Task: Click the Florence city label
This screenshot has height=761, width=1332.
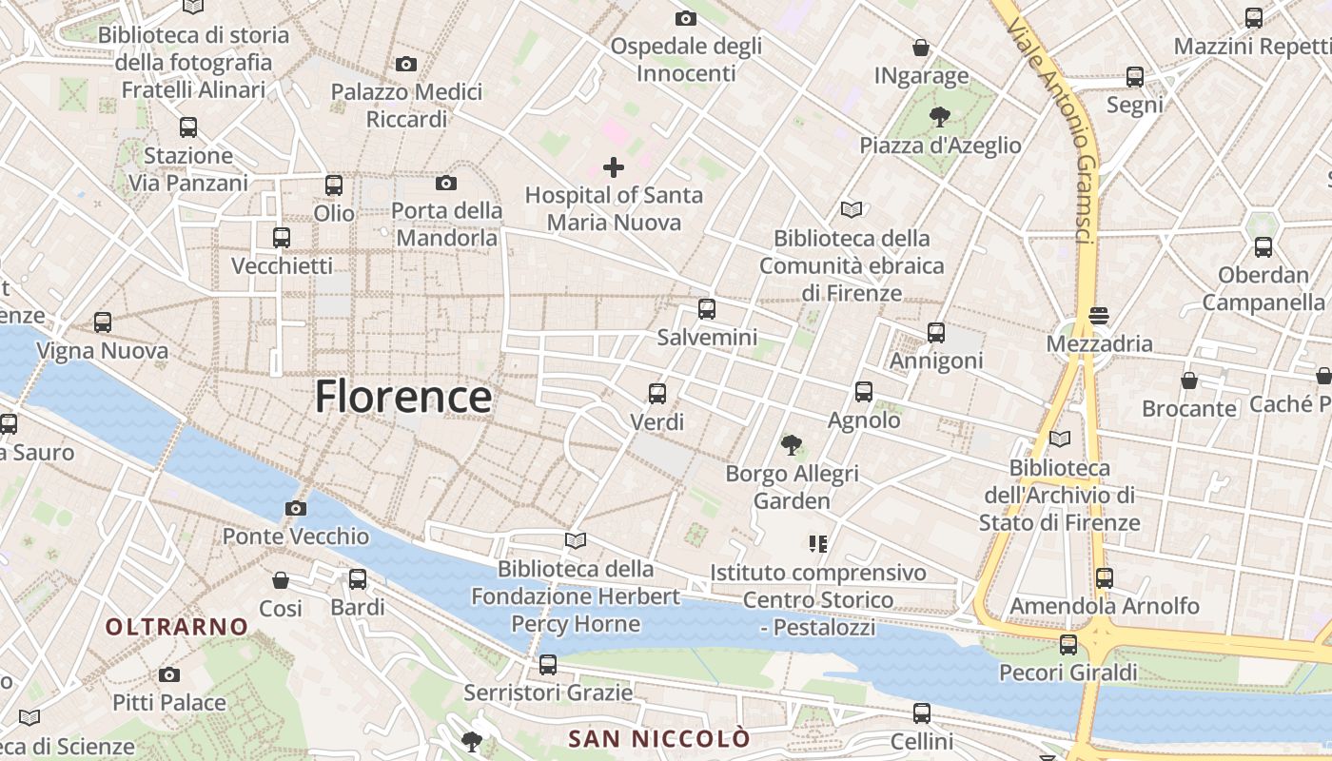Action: point(403,396)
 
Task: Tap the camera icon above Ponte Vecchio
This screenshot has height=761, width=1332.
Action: point(296,508)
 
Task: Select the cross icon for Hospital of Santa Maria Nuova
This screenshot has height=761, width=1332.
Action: point(614,168)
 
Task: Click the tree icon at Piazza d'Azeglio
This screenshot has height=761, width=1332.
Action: point(939,117)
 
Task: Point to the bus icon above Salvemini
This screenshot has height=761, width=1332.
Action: point(706,309)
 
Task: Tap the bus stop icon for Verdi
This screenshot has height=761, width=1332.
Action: point(656,393)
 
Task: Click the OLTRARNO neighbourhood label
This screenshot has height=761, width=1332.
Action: point(177,627)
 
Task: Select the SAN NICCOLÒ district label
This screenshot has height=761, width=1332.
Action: point(658,738)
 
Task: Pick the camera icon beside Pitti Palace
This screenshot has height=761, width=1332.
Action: point(169,674)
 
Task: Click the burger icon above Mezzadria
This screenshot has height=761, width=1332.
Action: point(1100,315)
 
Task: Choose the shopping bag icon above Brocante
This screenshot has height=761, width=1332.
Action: point(1188,380)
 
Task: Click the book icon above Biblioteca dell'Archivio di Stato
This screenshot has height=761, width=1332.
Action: point(1059,439)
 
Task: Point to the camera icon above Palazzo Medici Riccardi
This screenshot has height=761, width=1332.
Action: point(406,64)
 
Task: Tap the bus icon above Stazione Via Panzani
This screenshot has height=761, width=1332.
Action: point(188,127)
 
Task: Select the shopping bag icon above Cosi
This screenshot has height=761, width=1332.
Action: point(281,579)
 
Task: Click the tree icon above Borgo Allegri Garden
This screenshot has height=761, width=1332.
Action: point(791,443)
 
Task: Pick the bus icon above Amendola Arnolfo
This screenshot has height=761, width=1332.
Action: point(1104,577)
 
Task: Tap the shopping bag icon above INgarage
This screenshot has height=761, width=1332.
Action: point(920,47)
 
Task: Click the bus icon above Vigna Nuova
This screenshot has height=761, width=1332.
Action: point(102,322)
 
